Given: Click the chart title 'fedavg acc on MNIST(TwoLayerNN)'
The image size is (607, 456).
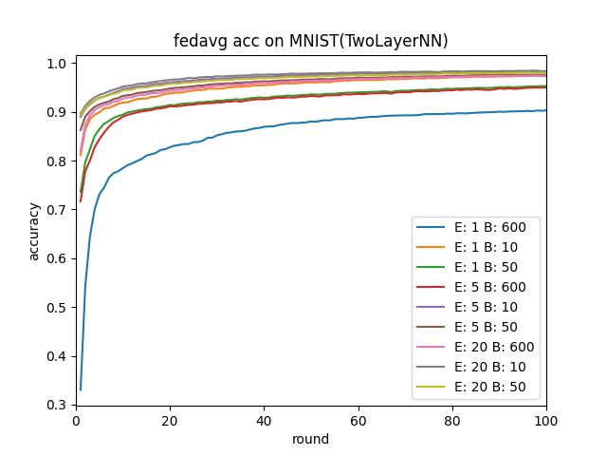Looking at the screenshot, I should coord(311,41).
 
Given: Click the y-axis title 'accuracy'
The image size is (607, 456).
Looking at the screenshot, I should coord(34,230).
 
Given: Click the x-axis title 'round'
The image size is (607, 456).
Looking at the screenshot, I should coord(311,439).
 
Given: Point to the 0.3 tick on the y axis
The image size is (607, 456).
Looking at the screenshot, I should coord(59,406).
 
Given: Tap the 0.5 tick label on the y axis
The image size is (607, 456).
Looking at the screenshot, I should coord(59,308).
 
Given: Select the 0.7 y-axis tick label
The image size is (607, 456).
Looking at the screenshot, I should coord(59,209).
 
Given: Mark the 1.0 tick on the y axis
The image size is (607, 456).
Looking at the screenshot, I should coord(59,64).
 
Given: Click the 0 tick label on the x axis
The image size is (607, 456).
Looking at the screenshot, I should coord(76,419).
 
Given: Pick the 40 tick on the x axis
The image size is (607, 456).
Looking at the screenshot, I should coord(264,419).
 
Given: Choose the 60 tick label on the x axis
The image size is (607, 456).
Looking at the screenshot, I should coord(358,419).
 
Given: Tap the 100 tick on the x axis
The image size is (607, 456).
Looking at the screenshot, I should coord(546,419).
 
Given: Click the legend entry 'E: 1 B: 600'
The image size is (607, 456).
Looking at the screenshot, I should coord(475,226).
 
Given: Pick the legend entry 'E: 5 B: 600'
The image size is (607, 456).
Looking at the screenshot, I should coord(475,287).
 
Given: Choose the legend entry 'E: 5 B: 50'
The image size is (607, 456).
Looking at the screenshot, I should coord(475,327).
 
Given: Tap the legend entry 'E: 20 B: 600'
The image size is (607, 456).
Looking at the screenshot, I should coord(475,347).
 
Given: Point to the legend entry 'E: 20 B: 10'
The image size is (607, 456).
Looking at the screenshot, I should coord(475,368).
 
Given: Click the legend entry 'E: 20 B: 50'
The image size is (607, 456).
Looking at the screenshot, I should coord(475,388).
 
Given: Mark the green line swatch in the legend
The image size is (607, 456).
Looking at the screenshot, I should coord(432,267).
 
